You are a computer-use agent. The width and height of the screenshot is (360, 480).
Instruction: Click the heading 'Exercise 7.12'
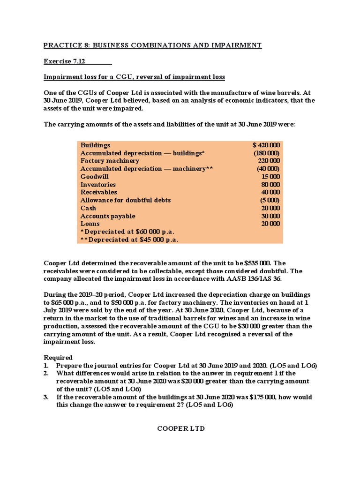63,61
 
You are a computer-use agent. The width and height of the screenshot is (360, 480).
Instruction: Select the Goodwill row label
94,177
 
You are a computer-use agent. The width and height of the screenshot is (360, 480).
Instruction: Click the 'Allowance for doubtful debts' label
125,200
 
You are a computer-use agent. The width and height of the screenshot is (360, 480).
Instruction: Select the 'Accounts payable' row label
108,216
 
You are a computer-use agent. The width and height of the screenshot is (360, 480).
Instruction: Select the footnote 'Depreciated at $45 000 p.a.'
131,240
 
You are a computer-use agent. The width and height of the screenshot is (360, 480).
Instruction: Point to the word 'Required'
58,357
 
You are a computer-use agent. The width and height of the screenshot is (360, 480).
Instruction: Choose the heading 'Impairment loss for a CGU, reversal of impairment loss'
134,76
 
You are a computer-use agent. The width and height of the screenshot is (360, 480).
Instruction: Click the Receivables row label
98,192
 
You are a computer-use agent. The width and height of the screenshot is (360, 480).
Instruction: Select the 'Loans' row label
90,224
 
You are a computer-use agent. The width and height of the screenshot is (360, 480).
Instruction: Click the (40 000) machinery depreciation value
268,169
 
